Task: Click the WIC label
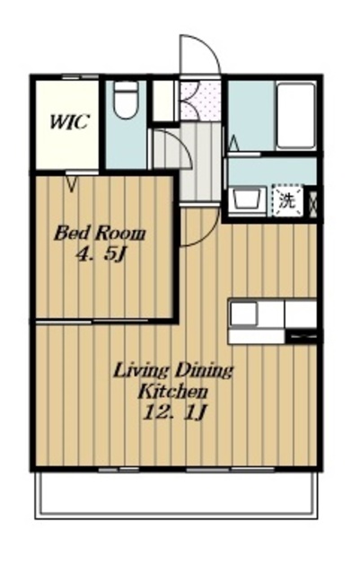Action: pos(69,122)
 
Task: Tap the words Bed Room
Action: pos(100,234)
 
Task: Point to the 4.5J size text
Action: pos(101,254)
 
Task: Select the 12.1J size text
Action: pos(174,413)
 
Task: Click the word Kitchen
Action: pos(172,392)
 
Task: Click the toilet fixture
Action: pos(126,100)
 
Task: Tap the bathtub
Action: pos(296,116)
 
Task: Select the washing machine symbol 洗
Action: pos(287,200)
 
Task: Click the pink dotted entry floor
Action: pos(201,101)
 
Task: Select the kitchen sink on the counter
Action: pos(243,314)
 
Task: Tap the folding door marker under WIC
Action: pos(72,183)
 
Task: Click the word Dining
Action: pos(203,371)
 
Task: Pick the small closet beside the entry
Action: pos(163,101)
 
